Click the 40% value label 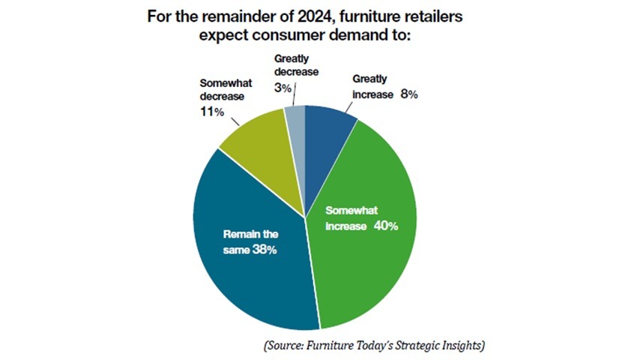387,224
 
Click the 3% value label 283,88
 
